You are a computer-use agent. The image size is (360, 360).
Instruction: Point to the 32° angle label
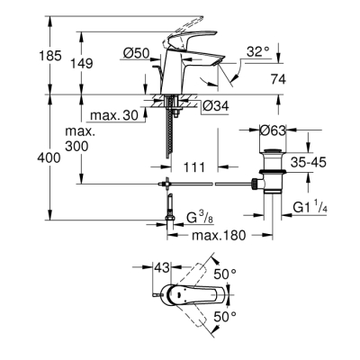257,52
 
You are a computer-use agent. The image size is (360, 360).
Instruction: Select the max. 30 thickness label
112,114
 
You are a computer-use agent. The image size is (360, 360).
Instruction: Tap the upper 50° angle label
224,273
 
